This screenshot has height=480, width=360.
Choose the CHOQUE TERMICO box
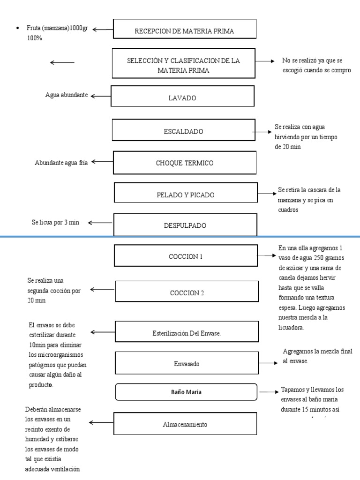185,163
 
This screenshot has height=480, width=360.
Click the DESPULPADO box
185,225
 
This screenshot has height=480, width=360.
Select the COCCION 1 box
186,256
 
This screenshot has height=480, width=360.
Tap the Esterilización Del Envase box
187,332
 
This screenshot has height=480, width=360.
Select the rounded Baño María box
186,392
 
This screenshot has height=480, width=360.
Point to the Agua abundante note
67,95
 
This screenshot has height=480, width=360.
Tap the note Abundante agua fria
61,163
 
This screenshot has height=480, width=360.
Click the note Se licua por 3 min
56,222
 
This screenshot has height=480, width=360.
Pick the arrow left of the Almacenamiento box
100,423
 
